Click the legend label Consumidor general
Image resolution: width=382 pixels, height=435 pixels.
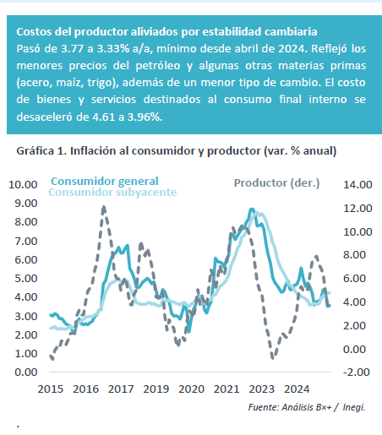[105, 182]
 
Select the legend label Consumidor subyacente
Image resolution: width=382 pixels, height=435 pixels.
[112, 193]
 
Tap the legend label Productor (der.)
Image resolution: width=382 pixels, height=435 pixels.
[276, 183]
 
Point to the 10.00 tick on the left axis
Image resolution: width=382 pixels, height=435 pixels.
[23, 185]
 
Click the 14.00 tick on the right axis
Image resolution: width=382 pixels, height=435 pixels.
[357, 185]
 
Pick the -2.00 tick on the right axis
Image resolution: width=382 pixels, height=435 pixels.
[357, 372]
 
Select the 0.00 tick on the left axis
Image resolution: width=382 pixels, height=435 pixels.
[26, 372]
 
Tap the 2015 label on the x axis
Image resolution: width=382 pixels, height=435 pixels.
[51, 389]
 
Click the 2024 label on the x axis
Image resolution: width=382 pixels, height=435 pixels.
[297, 389]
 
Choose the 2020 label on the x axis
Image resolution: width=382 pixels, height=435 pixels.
[191, 389]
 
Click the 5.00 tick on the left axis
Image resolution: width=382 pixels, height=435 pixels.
[26, 278]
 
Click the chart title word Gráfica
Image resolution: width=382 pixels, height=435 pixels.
[35, 151]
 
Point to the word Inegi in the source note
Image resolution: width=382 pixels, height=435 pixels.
[354, 407]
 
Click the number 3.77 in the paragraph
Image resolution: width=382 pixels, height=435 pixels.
[72, 49]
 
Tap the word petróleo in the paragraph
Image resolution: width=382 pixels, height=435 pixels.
[158, 66]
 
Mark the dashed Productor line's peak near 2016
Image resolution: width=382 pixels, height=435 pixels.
[104, 207]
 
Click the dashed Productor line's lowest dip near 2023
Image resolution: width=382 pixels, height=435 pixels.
[272, 357]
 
